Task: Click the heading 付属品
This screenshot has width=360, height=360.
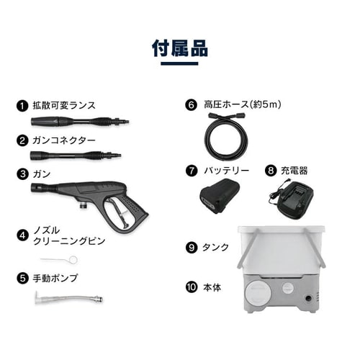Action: pyautogui.click(x=179, y=48)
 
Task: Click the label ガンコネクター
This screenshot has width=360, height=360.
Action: pyautogui.click(x=63, y=140)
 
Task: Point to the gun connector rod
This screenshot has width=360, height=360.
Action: pyautogui.click(x=76, y=155)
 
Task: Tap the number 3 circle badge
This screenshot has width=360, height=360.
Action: pyautogui.click(x=22, y=174)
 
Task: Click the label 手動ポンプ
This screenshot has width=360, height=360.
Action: pyautogui.click(x=55, y=278)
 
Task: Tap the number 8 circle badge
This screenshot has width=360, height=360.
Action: pyautogui.click(x=271, y=171)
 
